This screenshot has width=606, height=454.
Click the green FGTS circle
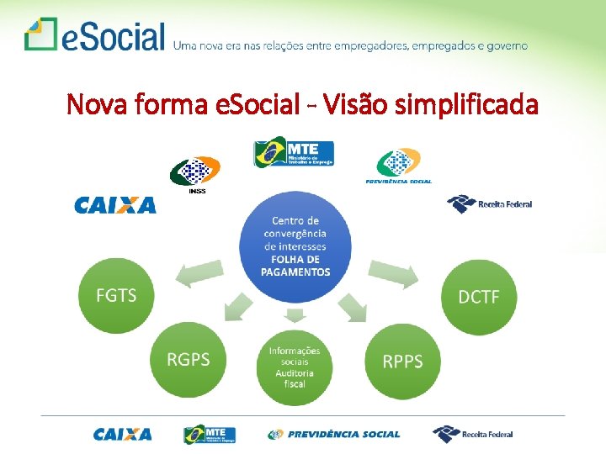(x=117, y=296)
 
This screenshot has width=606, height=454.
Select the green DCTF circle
(x=479, y=297)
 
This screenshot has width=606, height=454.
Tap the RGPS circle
(x=189, y=360)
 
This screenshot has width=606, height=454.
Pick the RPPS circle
(x=402, y=362)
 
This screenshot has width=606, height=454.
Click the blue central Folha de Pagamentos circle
(x=295, y=246)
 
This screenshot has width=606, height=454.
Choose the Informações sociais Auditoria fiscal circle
(x=295, y=367)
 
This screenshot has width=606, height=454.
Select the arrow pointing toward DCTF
(x=394, y=274)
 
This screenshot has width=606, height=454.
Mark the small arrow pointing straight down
(x=295, y=316)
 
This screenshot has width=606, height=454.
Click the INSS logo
(x=195, y=175)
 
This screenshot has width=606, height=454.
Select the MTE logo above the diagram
(x=294, y=155)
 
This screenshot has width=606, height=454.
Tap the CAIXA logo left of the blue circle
(x=115, y=205)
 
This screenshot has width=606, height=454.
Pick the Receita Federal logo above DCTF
(x=489, y=203)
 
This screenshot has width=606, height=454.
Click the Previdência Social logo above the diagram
(x=398, y=166)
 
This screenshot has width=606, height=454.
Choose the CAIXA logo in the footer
(x=123, y=435)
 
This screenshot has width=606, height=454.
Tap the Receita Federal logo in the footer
(x=472, y=434)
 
